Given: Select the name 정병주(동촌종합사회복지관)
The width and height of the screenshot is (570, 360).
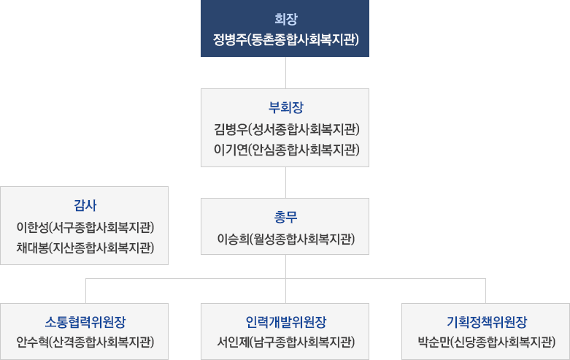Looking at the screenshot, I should [x=285, y=39].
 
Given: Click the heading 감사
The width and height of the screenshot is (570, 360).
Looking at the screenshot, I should [x=85, y=204].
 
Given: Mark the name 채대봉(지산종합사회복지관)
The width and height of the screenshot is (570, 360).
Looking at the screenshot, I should [x=85, y=247].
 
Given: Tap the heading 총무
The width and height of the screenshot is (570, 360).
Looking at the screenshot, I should [x=285, y=217].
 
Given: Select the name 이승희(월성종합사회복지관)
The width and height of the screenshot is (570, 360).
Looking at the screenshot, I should [x=285, y=239].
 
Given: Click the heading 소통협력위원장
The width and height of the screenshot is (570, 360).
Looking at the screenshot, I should [x=85, y=321].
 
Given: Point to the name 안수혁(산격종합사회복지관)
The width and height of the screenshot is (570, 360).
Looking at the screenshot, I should [x=85, y=342].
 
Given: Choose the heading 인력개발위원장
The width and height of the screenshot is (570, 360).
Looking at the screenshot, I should [x=285, y=321].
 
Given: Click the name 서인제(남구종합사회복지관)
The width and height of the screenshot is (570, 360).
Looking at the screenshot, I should [x=285, y=342].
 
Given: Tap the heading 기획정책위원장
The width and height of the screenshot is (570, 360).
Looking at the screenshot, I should [x=486, y=321].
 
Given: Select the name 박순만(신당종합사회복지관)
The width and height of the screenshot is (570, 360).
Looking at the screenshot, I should [x=486, y=342].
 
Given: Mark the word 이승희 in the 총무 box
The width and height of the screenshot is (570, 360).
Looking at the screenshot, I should [x=233, y=239].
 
